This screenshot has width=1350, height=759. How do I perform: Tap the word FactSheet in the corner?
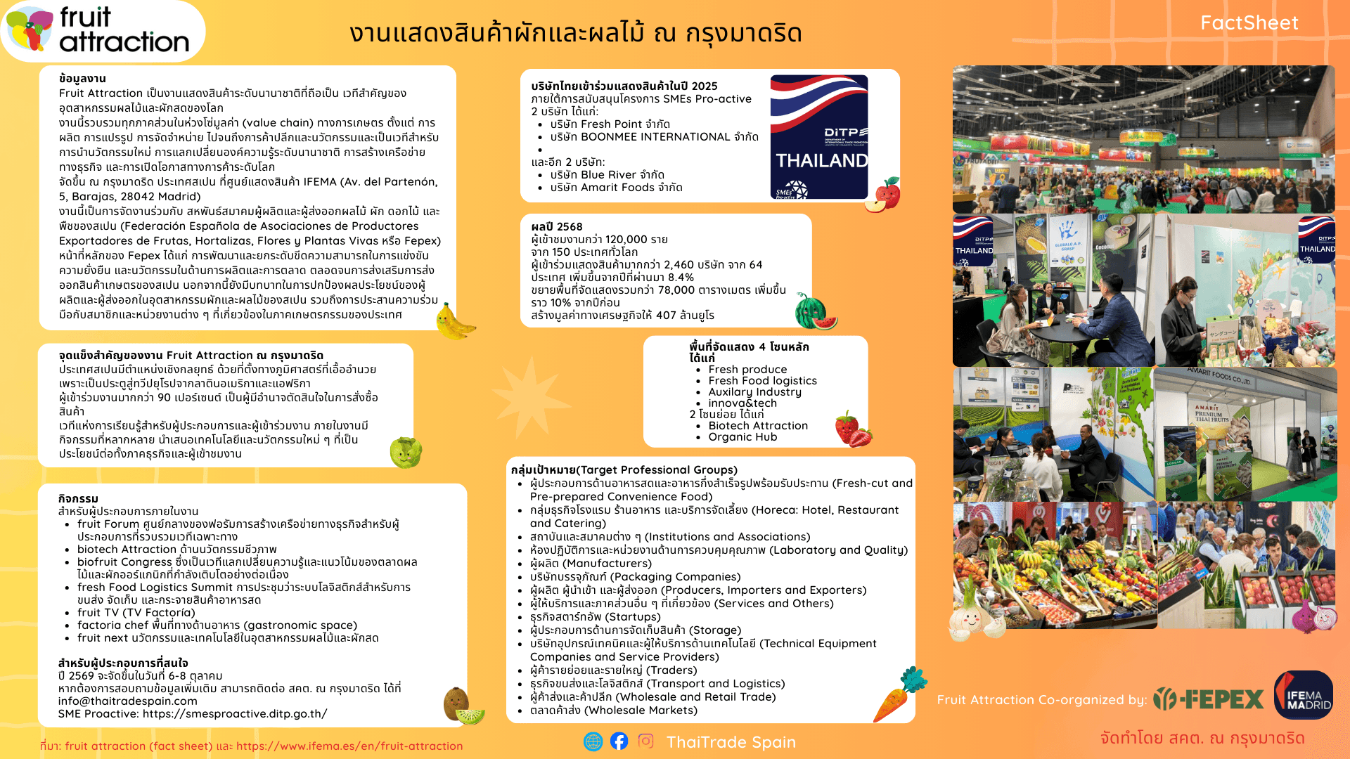click(1249, 23)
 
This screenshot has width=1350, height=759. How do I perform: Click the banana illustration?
click(454, 323)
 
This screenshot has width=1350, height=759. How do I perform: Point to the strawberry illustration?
click(852, 429)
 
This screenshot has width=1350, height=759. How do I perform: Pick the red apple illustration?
click(884, 195)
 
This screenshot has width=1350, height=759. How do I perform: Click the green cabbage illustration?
click(406, 452)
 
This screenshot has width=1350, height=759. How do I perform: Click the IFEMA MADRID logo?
click(1303, 696)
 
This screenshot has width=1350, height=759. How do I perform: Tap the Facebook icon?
click(619, 741)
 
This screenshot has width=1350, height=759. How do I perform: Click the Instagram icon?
click(645, 741)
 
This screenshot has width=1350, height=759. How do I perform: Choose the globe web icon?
click(593, 741)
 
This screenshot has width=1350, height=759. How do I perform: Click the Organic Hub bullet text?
click(742, 437)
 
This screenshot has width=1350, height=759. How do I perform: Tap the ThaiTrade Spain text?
click(731, 742)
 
